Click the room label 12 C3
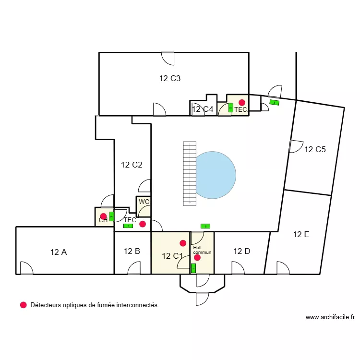[x=170, y=79]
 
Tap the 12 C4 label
[x=203, y=109]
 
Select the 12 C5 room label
[x=315, y=149]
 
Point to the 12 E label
[x=301, y=234]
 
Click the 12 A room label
[x=58, y=251]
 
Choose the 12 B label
[x=132, y=251]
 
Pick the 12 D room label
[x=241, y=251]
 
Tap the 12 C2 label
[x=132, y=165]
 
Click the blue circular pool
[x=216, y=175]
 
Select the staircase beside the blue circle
[x=190, y=173]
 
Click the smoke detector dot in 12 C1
[x=182, y=243]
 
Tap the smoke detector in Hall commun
[x=197, y=258]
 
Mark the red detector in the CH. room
[x=103, y=216]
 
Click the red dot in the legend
[x=23, y=305]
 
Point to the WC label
[x=144, y=202]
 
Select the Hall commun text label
[x=202, y=250]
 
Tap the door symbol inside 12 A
[x=26, y=268]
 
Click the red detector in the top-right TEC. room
[x=242, y=102]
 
